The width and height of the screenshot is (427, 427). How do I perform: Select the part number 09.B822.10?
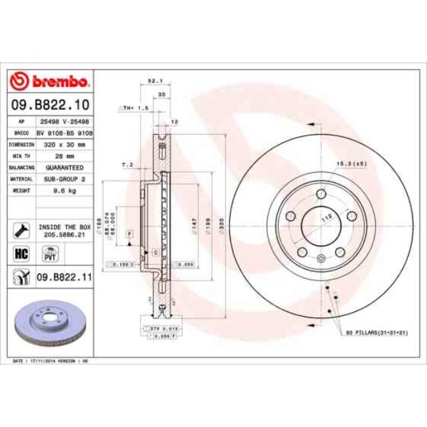pyautogui.click(x=50, y=104)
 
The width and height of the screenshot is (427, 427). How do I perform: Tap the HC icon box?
pyautogui.click(x=20, y=253)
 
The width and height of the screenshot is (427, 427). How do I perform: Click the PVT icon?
pyautogui.click(x=49, y=253)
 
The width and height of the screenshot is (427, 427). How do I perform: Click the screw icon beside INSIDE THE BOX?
pyautogui.click(x=20, y=230)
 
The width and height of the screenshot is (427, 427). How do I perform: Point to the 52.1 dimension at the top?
pyautogui.click(x=154, y=81)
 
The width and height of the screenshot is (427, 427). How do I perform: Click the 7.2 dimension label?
pyautogui.click(x=127, y=164)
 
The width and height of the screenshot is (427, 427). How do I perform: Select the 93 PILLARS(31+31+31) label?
pyautogui.click(x=376, y=334)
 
